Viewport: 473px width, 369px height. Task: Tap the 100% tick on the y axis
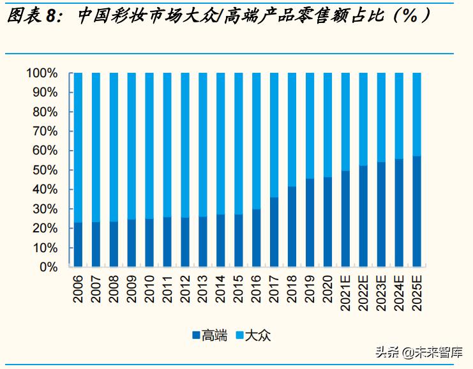tap(42, 73)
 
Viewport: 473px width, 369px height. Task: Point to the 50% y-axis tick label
tap(45, 170)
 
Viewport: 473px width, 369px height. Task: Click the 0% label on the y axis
tap(49, 267)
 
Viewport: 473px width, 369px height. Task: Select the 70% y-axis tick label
tap(45, 132)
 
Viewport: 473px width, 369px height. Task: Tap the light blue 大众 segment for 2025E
tap(417, 114)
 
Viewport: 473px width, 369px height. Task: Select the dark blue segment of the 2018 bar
tap(292, 227)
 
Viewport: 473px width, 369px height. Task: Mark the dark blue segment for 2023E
tap(381, 215)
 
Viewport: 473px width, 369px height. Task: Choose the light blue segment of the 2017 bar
tap(274, 135)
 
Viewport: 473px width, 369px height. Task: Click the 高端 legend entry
tap(209, 335)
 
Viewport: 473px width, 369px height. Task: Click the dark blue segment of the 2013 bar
tap(203, 242)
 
